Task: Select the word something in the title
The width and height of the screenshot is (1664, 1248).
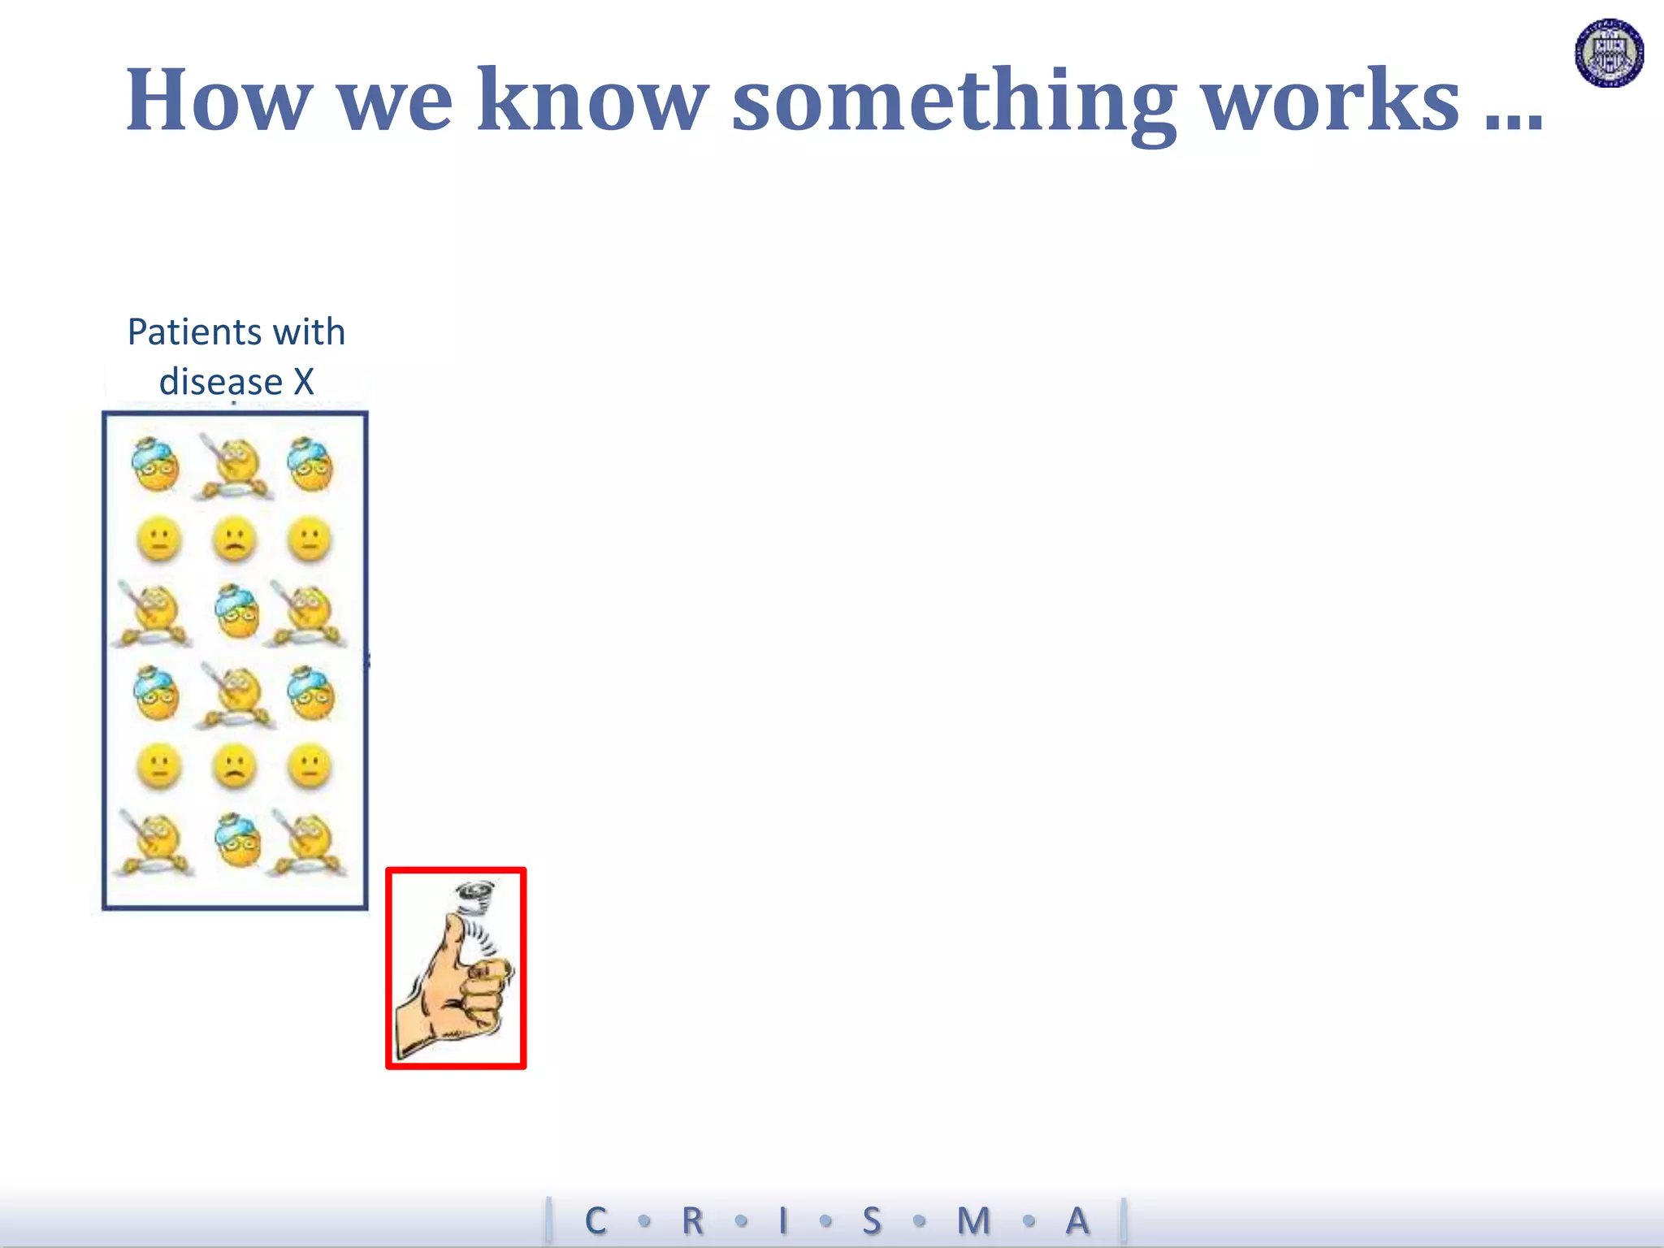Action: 955,102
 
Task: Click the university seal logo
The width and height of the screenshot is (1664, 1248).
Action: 1610,53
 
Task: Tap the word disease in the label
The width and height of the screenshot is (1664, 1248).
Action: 220,381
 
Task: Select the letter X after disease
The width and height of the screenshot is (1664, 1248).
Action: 303,381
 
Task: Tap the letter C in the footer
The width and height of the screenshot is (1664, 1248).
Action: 596,1220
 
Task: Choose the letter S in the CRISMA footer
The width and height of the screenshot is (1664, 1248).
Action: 871,1220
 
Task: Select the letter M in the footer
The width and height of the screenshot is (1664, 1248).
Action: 973,1220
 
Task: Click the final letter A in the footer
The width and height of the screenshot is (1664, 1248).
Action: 1077,1220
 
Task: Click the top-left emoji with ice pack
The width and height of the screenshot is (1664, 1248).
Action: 155,465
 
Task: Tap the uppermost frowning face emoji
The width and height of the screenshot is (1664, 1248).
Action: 234,539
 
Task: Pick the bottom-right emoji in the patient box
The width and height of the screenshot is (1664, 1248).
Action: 308,843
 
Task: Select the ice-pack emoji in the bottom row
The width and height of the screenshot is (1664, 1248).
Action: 236,840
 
